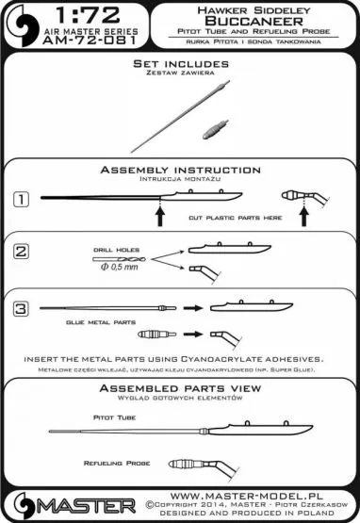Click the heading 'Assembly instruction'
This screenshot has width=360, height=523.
tap(180, 170)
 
